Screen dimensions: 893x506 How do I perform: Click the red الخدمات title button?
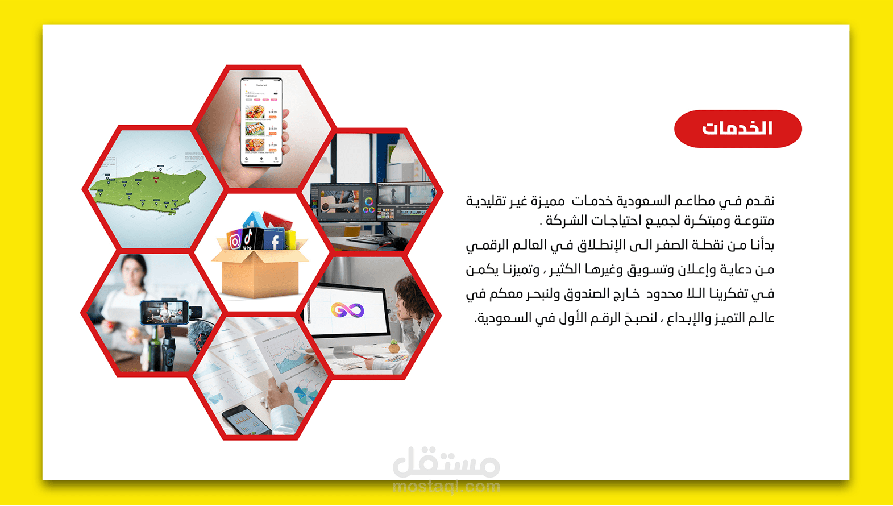[737, 129]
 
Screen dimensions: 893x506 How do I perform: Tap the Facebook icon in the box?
[275, 240]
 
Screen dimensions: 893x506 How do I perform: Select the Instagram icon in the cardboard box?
[234, 240]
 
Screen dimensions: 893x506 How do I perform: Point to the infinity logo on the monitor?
[347, 310]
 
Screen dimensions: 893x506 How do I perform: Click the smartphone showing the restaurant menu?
[261, 122]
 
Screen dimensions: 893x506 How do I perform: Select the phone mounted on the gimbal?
[164, 312]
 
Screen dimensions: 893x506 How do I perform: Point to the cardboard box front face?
[260, 279]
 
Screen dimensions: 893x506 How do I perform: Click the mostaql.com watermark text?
[446, 487]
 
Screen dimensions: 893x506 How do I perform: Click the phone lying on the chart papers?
[247, 420]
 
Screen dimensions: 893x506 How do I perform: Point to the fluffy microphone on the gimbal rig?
[200, 334]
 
